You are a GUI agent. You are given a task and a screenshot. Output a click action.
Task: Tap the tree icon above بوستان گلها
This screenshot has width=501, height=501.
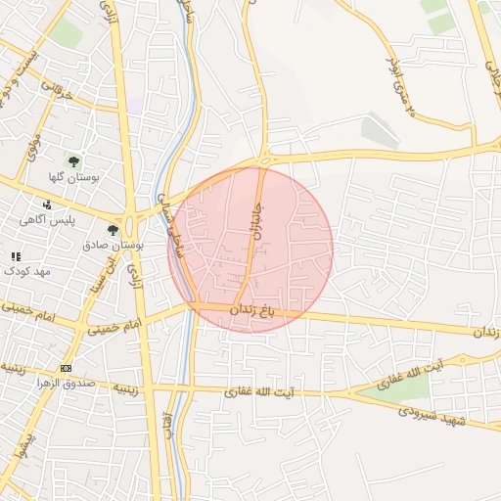pyautogui.click(x=72, y=161)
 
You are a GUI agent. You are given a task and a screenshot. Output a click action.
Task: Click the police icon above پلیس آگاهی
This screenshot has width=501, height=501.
pyautogui.click(x=47, y=205)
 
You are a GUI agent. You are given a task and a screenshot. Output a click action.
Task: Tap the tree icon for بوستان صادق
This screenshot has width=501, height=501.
pyautogui.click(x=113, y=231)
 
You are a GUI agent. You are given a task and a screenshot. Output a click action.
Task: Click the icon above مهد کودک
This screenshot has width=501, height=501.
pyautogui.click(x=16, y=255)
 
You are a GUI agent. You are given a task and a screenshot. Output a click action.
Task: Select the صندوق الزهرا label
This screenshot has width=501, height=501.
pyautogui.click(x=95, y=382)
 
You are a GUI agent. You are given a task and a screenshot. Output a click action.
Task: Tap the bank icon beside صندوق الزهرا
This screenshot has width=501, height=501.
pyautogui.click(x=66, y=368)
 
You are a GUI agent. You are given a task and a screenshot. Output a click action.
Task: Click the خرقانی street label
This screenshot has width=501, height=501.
pyautogui.click(x=57, y=92)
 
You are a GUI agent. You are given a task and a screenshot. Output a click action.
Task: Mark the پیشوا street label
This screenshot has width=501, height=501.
pyautogui.click(x=19, y=449)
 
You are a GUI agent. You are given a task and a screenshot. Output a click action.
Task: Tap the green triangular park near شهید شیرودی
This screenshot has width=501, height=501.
pyautogui.click(x=396, y=388)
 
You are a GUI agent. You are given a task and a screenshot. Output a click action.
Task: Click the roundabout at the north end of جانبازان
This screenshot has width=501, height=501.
pyautogui.click(x=264, y=159)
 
